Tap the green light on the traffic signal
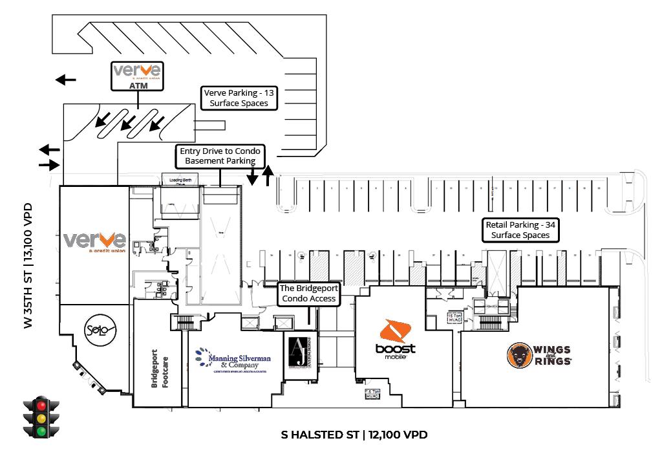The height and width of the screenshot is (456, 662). [42, 431]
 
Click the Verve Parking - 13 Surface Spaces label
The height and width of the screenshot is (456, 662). [239, 98]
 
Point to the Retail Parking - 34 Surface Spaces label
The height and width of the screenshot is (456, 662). [520, 230]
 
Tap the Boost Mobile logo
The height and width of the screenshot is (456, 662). [395, 339]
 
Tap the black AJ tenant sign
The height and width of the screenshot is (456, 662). [298, 353]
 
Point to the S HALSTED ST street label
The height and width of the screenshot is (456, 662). [354, 435]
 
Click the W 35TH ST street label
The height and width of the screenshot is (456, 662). [28, 266]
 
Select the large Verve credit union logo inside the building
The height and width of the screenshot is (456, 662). [94, 242]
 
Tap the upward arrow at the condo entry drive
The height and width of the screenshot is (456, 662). [268, 175]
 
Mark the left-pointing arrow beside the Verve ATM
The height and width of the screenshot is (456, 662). [65, 80]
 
